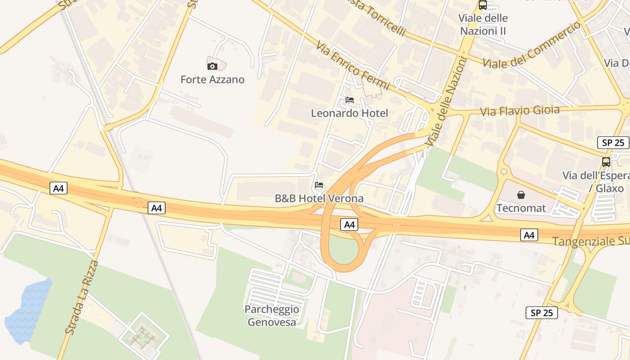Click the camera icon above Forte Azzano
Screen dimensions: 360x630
[x=212, y=67]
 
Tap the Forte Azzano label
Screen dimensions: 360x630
[x=212, y=80]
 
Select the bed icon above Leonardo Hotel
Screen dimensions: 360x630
[x=350, y=100]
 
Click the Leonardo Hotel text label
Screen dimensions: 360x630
[x=349, y=113]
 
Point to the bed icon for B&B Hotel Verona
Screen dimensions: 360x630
[x=319, y=185]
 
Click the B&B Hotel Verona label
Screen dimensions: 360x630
[x=319, y=198]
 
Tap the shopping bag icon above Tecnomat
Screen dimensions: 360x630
[x=521, y=195]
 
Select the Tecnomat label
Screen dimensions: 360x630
[x=521, y=208]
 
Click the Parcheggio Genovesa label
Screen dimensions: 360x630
[x=272, y=315]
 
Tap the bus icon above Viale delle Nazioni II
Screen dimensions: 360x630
[x=482, y=5]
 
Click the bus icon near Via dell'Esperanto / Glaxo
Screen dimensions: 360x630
[x=606, y=162]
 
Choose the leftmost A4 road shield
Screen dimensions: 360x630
[x=58, y=188]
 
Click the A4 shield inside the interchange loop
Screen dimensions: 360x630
[x=349, y=225]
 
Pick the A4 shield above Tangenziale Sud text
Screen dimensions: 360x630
[x=529, y=234]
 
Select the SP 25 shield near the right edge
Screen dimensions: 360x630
[x=613, y=143]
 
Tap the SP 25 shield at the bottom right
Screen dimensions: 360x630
[x=542, y=312]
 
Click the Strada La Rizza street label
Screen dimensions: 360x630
[x=82, y=297]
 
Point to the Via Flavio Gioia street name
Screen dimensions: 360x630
[x=520, y=111]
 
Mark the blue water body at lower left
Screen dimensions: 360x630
[x=28, y=310]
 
